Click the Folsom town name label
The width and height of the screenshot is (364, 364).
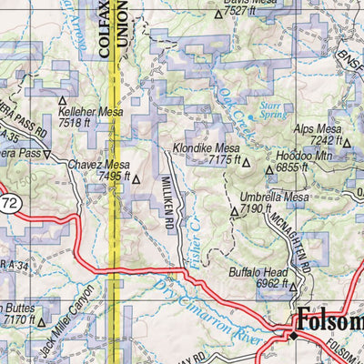[329, 320]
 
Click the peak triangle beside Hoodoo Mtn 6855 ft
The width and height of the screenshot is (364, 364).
[268, 170]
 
